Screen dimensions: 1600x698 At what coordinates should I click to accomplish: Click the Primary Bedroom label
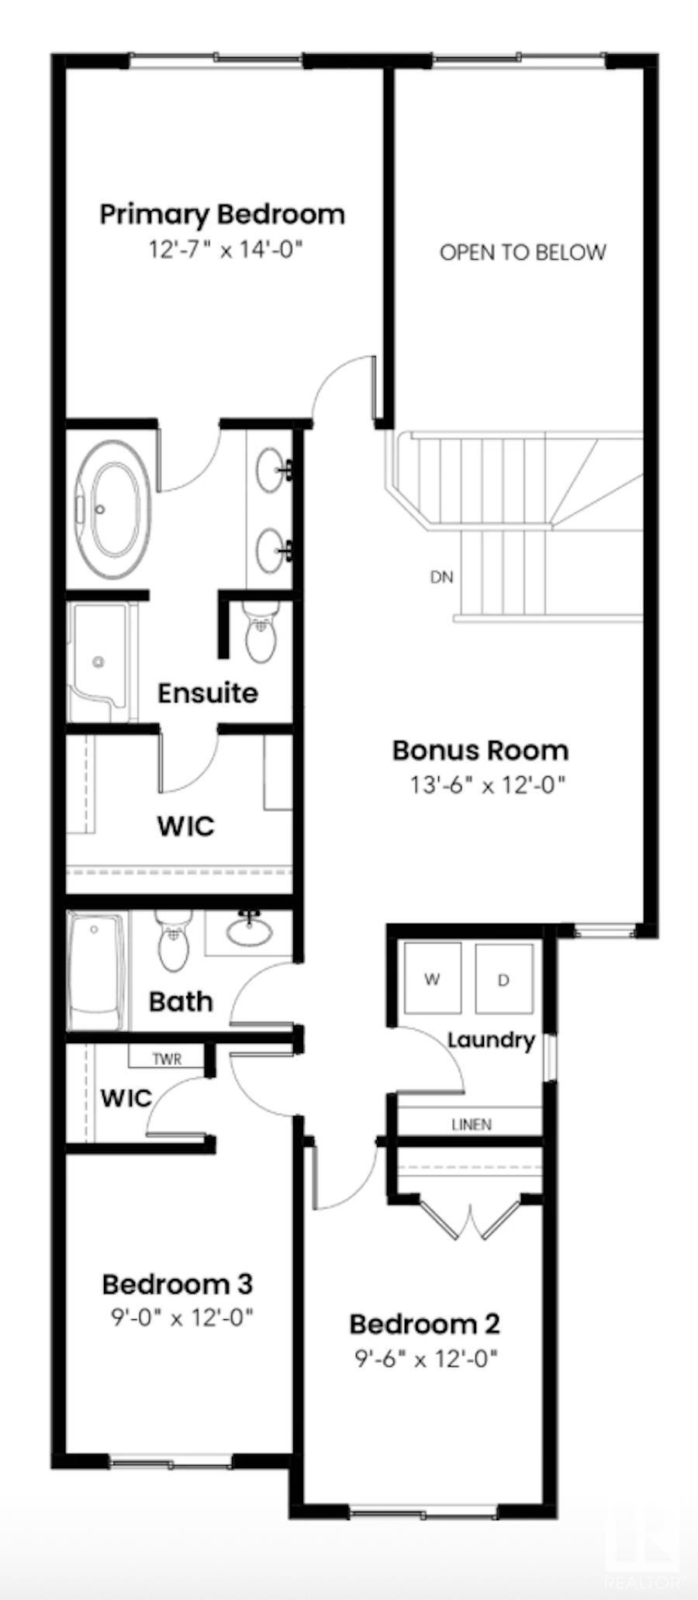[222, 214]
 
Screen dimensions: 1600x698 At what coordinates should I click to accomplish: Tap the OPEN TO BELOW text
[522, 252]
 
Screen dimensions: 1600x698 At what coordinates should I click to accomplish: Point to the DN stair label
[441, 577]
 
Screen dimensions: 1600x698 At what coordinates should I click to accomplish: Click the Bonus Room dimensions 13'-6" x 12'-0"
[488, 785]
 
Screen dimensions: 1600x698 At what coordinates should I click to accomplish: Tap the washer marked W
[432, 978]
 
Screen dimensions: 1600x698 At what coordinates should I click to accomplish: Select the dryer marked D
[503, 979]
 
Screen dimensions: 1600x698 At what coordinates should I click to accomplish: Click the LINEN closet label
[472, 1124]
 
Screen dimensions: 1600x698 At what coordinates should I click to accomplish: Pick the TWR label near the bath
[167, 1059]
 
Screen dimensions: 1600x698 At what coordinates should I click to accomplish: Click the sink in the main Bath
[249, 931]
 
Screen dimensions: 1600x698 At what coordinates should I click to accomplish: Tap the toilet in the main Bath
[172, 942]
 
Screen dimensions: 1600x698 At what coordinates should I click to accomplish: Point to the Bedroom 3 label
[177, 1284]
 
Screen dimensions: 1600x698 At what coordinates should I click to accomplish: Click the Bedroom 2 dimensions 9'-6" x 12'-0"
[426, 1358]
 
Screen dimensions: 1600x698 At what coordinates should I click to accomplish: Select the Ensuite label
[207, 693]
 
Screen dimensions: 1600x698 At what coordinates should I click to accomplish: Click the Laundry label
[492, 1039]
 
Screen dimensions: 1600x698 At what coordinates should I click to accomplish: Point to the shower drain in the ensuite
[98, 662]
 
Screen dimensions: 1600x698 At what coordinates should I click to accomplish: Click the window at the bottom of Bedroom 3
[171, 1462]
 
